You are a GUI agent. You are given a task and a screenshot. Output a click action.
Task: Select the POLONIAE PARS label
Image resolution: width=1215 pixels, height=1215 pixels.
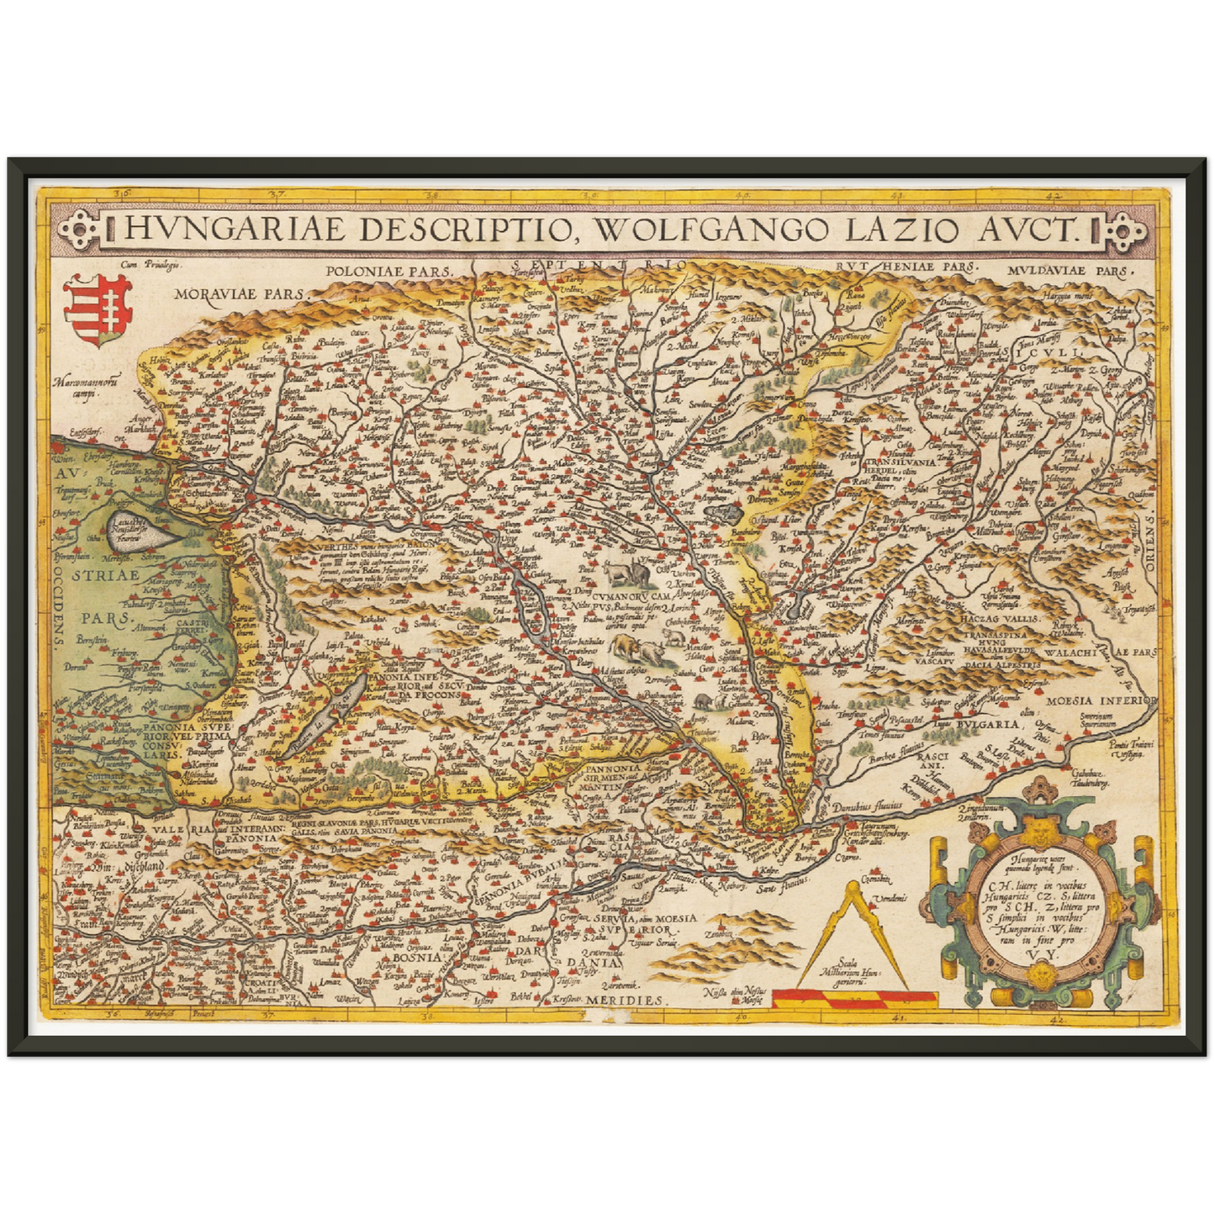388,272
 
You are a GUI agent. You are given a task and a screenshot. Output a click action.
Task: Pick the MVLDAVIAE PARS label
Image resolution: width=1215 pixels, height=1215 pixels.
1069,272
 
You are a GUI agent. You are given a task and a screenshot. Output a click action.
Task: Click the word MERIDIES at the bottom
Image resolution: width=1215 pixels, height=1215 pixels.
626,1000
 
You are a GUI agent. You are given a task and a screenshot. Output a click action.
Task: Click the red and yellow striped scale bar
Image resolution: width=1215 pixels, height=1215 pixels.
854,998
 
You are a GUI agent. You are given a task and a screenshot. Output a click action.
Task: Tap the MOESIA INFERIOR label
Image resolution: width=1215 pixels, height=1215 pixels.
1101,700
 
